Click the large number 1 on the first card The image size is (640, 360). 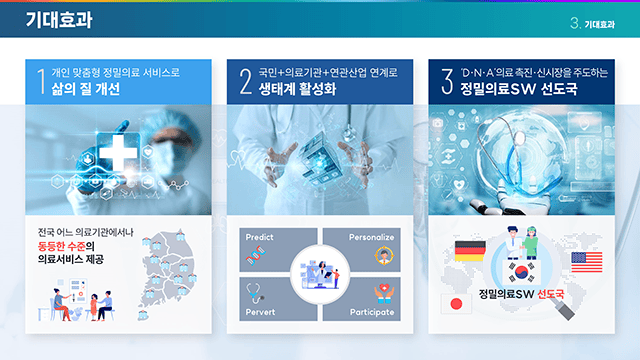point(41,81)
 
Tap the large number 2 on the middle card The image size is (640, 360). point(245,81)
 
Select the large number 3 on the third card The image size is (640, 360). point(447,81)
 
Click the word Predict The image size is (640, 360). point(259,238)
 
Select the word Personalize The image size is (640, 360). point(372,238)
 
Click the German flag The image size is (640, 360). point(469,250)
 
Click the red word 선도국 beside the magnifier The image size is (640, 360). point(551,295)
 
